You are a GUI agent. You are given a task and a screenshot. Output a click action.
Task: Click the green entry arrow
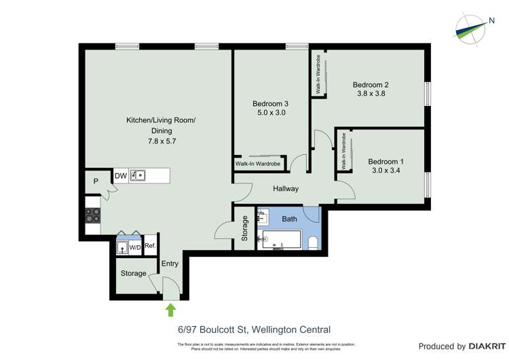tap(171, 310)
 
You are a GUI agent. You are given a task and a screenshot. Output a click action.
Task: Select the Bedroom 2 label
tap(370, 85)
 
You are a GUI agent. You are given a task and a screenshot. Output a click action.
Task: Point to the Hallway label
tap(286, 188)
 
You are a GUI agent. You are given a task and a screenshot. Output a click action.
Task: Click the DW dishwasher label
tap(120, 176)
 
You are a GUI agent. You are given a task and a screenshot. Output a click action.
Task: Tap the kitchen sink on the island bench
tap(138, 176)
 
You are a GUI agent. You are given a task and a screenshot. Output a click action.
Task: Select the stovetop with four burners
tap(92, 215)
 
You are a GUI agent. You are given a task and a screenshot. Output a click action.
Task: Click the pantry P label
tap(96, 181)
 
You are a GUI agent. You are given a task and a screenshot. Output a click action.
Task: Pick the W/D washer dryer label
tap(135, 247)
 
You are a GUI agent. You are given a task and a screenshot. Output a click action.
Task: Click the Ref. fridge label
tap(150, 245)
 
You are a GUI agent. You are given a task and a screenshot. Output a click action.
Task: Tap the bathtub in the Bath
tap(280, 240)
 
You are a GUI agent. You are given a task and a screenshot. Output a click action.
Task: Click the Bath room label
tap(290, 219)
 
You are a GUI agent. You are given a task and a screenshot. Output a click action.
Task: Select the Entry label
tap(170, 264)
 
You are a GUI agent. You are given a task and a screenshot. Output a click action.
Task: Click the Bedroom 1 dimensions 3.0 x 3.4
tap(385, 172)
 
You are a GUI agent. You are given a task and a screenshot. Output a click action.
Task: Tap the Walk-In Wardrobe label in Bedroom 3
tap(257, 164)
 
